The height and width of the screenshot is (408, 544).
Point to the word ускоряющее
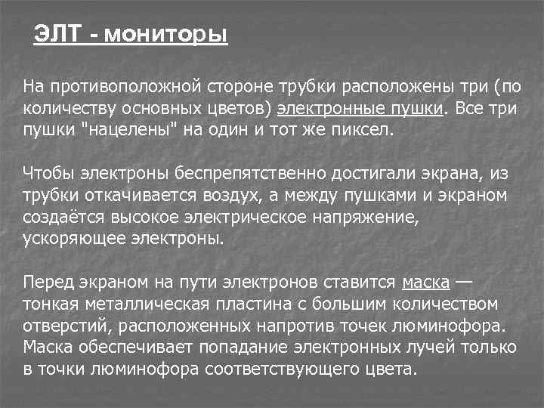point(65,239)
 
